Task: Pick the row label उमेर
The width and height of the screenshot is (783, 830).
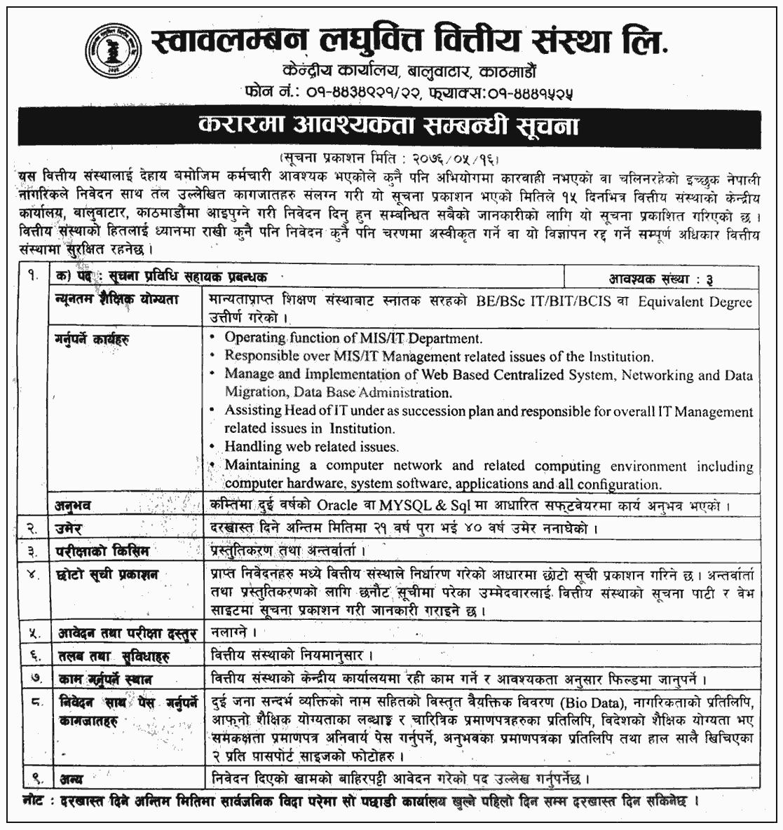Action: pyautogui.click(x=70, y=526)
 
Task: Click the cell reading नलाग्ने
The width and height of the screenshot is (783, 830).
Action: pyautogui.click(x=229, y=633)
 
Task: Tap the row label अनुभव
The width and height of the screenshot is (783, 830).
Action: pyautogui.click(x=74, y=504)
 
